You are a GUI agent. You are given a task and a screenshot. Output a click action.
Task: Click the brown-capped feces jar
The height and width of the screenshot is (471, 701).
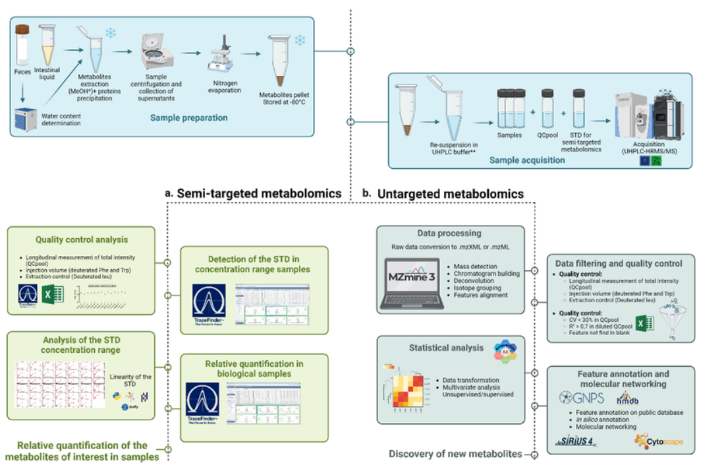coord(22,44)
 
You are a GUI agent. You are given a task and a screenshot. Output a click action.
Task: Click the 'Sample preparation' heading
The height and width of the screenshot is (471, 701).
coord(189,118)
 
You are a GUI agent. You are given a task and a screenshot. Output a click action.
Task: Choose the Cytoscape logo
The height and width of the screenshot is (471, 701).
coord(659,440)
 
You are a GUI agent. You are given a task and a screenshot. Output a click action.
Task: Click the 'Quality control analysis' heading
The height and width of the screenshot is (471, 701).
coord(82,239)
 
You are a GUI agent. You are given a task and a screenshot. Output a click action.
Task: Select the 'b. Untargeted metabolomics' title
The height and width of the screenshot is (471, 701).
coord(443,193)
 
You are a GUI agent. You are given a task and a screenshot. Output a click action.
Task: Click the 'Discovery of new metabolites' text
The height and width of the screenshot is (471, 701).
coord(455,454)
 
